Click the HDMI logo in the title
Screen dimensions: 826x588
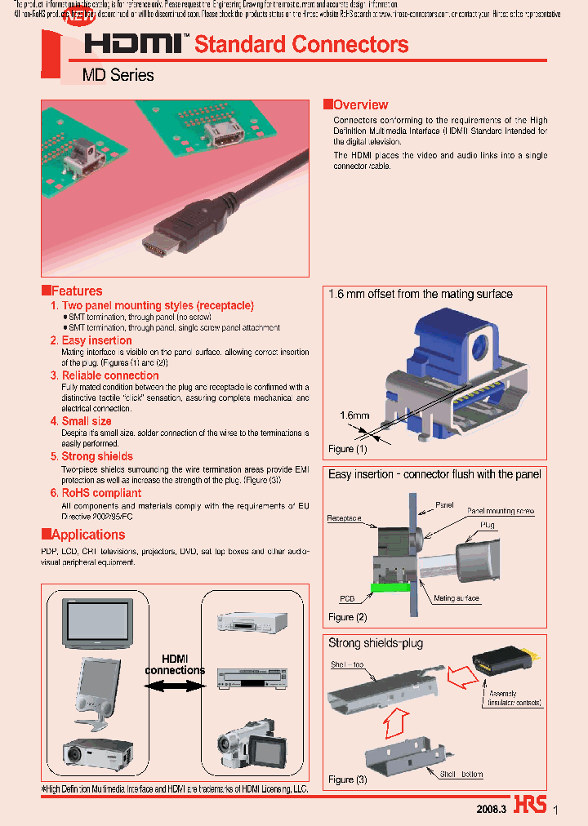pos(136,45)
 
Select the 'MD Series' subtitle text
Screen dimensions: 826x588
pos(118,75)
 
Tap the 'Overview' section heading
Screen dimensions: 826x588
pos(360,104)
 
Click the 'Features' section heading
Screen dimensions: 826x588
pos(77,291)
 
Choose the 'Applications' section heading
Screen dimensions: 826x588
pos(88,535)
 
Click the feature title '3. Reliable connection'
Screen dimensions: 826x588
pos(105,375)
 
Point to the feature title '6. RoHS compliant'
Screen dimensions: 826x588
pos(96,493)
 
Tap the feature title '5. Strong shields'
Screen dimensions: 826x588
pos(91,456)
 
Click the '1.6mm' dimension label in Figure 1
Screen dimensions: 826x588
pos(354,415)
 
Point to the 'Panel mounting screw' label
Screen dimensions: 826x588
pos(500,511)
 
